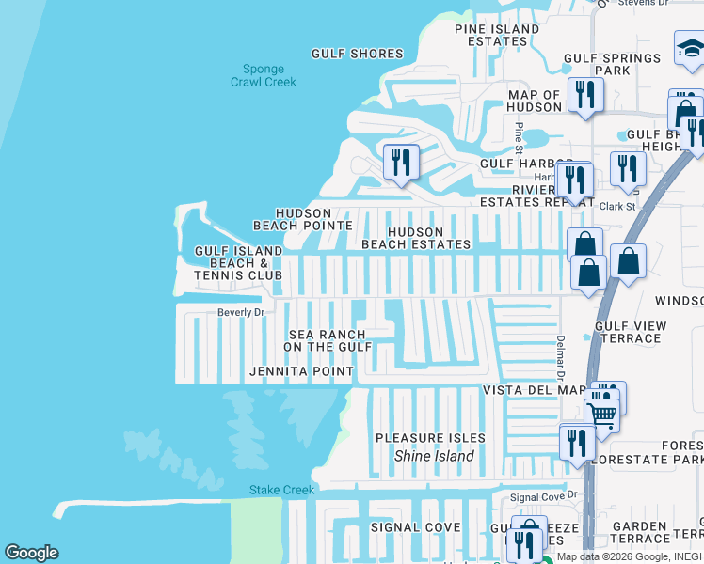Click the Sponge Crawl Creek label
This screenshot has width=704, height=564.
point(264,76)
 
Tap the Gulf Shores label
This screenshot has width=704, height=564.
point(357,55)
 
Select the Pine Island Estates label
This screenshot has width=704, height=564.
point(497,36)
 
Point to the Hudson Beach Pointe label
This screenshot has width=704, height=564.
point(303,220)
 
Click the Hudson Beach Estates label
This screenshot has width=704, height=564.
point(416,238)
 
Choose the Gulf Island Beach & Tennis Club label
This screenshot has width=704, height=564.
point(238,263)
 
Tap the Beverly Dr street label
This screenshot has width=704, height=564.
point(241,312)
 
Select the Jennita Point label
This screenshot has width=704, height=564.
point(300,372)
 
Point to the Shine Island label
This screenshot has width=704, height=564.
point(433,457)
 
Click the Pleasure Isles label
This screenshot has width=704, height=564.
point(430,438)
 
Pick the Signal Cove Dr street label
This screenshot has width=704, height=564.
point(542,497)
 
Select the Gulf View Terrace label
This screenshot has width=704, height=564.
point(630,332)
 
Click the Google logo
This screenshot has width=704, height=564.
point(31,553)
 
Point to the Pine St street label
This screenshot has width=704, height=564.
point(519,134)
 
